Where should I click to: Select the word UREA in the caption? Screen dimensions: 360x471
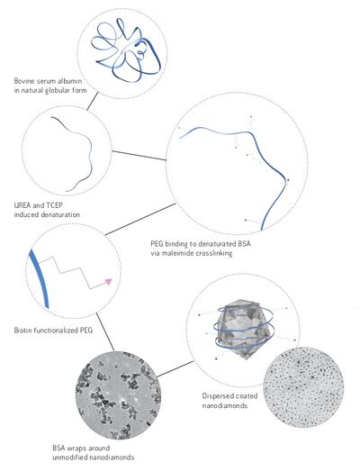click(x=22, y=205)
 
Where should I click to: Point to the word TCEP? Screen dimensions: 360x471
click(x=54, y=205)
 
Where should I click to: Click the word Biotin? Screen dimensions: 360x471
click(x=22, y=331)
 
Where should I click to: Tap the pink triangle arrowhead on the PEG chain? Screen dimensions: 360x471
click(x=108, y=282)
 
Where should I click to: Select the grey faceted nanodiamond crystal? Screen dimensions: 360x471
click(x=244, y=329)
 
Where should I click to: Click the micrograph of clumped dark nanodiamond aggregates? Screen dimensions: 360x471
click(x=118, y=395)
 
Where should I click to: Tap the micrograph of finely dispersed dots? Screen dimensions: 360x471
click(x=303, y=387)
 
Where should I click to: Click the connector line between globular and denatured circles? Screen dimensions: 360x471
click(x=93, y=101)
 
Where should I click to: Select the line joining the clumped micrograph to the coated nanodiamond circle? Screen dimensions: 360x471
click(x=175, y=369)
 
